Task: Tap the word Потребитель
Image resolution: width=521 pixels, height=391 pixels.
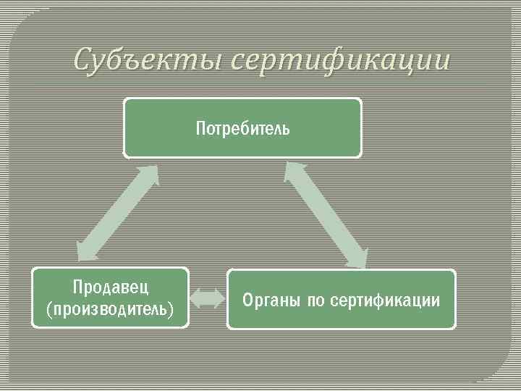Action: [x=242, y=130]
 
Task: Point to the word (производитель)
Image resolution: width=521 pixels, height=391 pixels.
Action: [x=110, y=309]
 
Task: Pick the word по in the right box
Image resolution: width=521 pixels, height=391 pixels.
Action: [x=316, y=300]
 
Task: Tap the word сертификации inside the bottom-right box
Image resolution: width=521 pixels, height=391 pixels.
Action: [x=384, y=300]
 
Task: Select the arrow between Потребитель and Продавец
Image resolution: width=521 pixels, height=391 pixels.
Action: [x=117, y=211]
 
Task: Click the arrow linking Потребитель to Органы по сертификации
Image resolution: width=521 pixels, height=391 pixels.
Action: [x=326, y=216]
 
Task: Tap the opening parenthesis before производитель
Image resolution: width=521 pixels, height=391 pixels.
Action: [x=48, y=310]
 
